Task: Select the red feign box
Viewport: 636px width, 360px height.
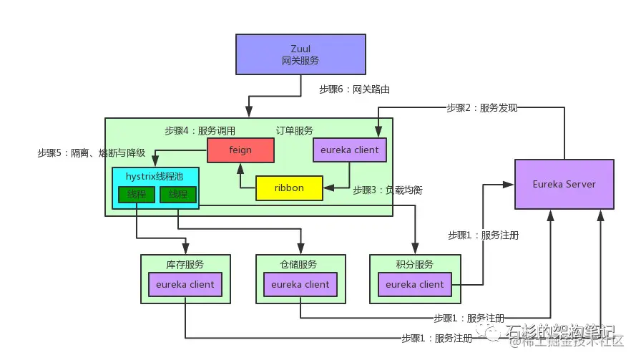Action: click(x=241, y=150)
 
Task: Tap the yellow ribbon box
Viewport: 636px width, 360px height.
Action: click(x=289, y=188)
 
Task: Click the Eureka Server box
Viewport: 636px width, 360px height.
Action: click(x=564, y=184)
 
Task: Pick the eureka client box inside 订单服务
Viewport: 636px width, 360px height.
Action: click(x=350, y=150)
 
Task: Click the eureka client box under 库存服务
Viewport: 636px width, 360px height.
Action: click(x=186, y=284)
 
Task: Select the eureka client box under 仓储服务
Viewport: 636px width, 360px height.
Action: click(x=300, y=284)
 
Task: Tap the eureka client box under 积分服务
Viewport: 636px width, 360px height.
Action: click(x=415, y=284)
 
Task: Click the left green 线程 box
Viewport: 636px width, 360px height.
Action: click(x=136, y=194)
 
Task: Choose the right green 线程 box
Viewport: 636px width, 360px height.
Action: click(x=178, y=194)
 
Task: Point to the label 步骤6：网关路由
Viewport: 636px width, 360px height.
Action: click(x=355, y=89)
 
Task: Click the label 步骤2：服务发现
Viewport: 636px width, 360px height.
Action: click(x=481, y=108)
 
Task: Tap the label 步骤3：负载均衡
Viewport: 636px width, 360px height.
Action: click(x=388, y=190)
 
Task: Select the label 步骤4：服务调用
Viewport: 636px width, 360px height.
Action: click(x=200, y=131)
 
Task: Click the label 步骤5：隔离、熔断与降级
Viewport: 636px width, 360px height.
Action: click(x=92, y=153)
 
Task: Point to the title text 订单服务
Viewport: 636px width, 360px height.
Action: click(x=295, y=131)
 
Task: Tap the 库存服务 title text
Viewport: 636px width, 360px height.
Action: click(x=186, y=264)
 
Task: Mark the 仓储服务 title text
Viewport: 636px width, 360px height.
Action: click(x=300, y=264)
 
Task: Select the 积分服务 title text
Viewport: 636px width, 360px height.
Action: click(x=415, y=264)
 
